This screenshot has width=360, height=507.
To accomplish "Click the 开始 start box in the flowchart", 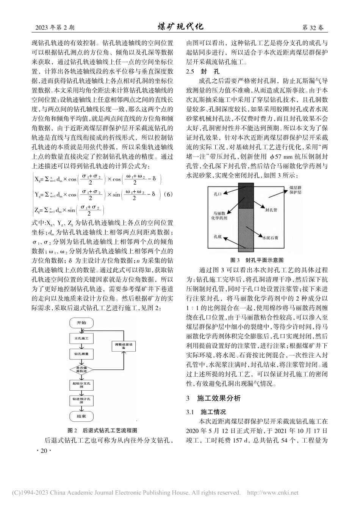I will coord(81,322).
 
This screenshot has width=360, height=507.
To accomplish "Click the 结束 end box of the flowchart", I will coord(81,416).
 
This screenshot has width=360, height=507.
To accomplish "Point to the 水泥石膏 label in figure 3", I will coord(271,239).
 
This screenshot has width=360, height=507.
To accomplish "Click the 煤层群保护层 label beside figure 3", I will coord(295,190).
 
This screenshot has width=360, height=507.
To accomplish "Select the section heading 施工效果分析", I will coord(219,398).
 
